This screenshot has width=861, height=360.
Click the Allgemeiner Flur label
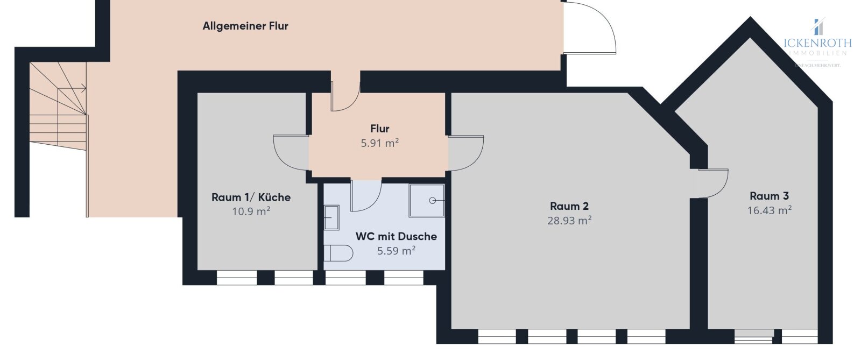(x=245, y=26)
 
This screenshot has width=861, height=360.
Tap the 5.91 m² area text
(x=379, y=143)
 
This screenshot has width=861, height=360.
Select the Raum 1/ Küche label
(x=251, y=197)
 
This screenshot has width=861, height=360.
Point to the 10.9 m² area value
(x=251, y=211)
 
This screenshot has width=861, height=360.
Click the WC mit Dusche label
(x=396, y=236)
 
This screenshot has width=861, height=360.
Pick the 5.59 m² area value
(x=396, y=251)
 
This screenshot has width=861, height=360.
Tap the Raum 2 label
(x=569, y=206)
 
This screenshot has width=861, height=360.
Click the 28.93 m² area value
(x=569, y=221)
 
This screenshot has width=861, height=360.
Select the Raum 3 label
(x=769, y=196)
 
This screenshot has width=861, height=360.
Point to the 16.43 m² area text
(x=769, y=210)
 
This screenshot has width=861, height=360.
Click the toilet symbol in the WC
(x=338, y=253)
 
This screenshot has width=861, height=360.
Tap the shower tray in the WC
(x=427, y=201)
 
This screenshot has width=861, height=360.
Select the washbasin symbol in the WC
(x=331, y=217)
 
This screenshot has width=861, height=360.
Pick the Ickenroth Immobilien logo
(x=817, y=40)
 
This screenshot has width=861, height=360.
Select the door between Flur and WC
(x=366, y=195)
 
